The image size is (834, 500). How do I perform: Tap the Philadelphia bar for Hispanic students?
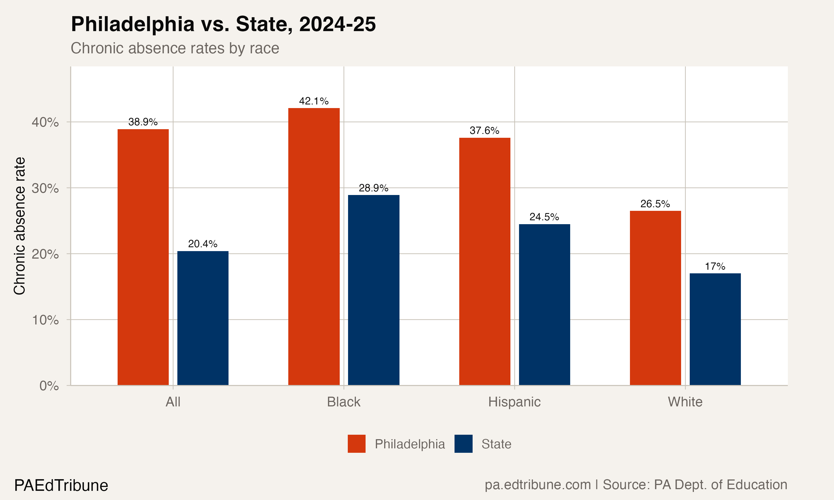[x=485, y=261]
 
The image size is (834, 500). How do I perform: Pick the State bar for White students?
[x=715, y=329]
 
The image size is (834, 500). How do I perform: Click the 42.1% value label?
[x=314, y=101]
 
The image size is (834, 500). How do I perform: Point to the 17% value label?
[x=715, y=266]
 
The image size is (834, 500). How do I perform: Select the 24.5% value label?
[x=544, y=217]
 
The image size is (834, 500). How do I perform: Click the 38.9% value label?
[x=143, y=122]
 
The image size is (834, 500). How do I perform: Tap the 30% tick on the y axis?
[x=45, y=188]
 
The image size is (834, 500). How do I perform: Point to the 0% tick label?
[x=49, y=386]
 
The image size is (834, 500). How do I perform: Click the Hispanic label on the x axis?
[x=514, y=402]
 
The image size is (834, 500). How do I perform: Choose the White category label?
[x=685, y=402]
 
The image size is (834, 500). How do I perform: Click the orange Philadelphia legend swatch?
[x=356, y=444]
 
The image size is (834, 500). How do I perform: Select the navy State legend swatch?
[x=463, y=444]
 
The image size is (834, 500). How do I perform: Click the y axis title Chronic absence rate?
[x=19, y=226]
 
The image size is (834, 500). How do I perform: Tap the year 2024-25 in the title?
[x=337, y=24]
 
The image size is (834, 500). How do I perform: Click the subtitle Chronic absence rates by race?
[x=175, y=48]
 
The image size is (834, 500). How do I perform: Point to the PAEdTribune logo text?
[x=61, y=485]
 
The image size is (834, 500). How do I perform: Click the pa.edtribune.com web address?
[x=537, y=484]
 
